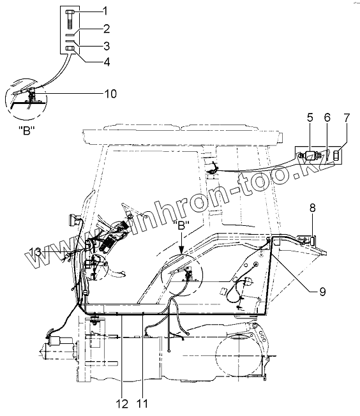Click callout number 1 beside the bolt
click(105, 11)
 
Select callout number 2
click(106, 28)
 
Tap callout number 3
click(106, 46)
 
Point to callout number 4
click(106, 62)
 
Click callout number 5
click(310, 117)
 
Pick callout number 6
click(327, 117)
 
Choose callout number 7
click(347, 117)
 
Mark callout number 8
click(313, 208)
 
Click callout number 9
click(322, 292)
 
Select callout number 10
click(110, 94)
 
